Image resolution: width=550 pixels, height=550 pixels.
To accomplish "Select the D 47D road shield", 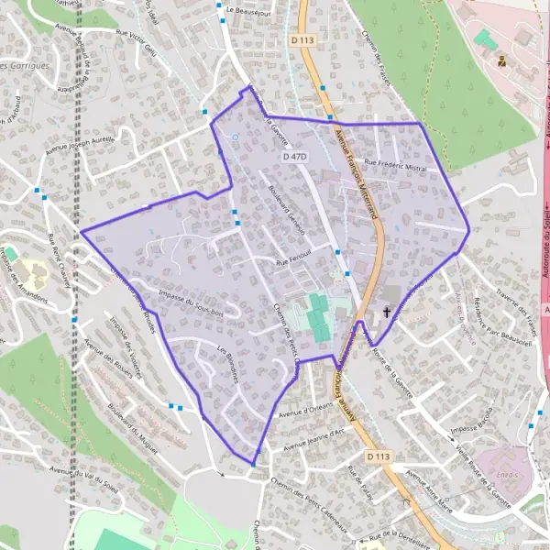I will click(x=294, y=158).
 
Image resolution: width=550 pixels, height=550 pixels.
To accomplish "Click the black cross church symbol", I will click(x=387, y=313).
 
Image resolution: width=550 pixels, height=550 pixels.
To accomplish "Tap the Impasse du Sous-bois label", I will click(x=192, y=303).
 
